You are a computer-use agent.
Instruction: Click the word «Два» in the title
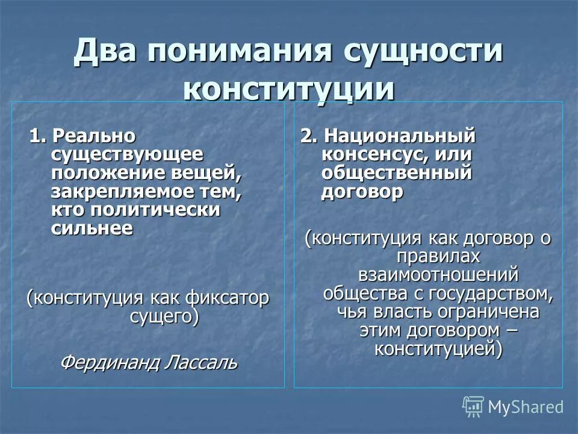(x=106, y=51)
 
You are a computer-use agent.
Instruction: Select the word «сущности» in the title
(x=423, y=51)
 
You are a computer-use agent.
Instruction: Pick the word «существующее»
(x=127, y=155)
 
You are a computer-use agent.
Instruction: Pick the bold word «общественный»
(x=396, y=173)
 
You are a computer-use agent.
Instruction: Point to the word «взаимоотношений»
(x=438, y=275)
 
